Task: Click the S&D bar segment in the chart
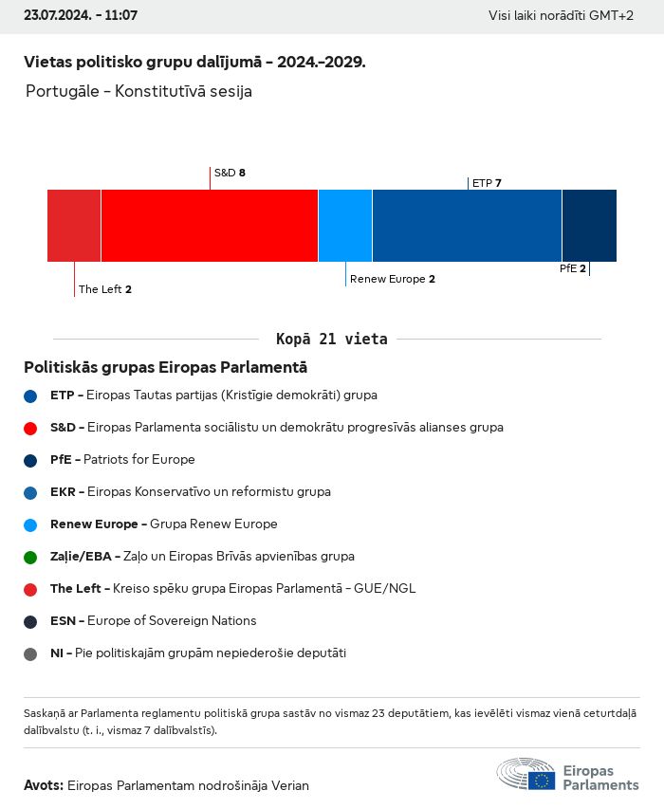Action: (209, 226)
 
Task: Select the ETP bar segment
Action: (467, 226)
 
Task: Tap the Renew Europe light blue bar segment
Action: (345, 226)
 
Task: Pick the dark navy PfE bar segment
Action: (589, 226)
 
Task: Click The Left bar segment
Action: (74, 226)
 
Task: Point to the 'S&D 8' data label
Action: (230, 173)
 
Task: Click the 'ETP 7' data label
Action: (487, 183)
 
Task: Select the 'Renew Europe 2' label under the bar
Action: (392, 279)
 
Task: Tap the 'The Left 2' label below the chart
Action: (104, 289)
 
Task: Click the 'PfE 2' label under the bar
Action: (572, 268)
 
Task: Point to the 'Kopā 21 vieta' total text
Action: (331, 339)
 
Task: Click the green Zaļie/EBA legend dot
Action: (30, 557)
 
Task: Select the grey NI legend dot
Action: (30, 653)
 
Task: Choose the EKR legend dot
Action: (30, 492)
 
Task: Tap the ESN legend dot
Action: (30, 621)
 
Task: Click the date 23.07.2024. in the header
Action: (55, 16)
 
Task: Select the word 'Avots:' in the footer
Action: (44, 785)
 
